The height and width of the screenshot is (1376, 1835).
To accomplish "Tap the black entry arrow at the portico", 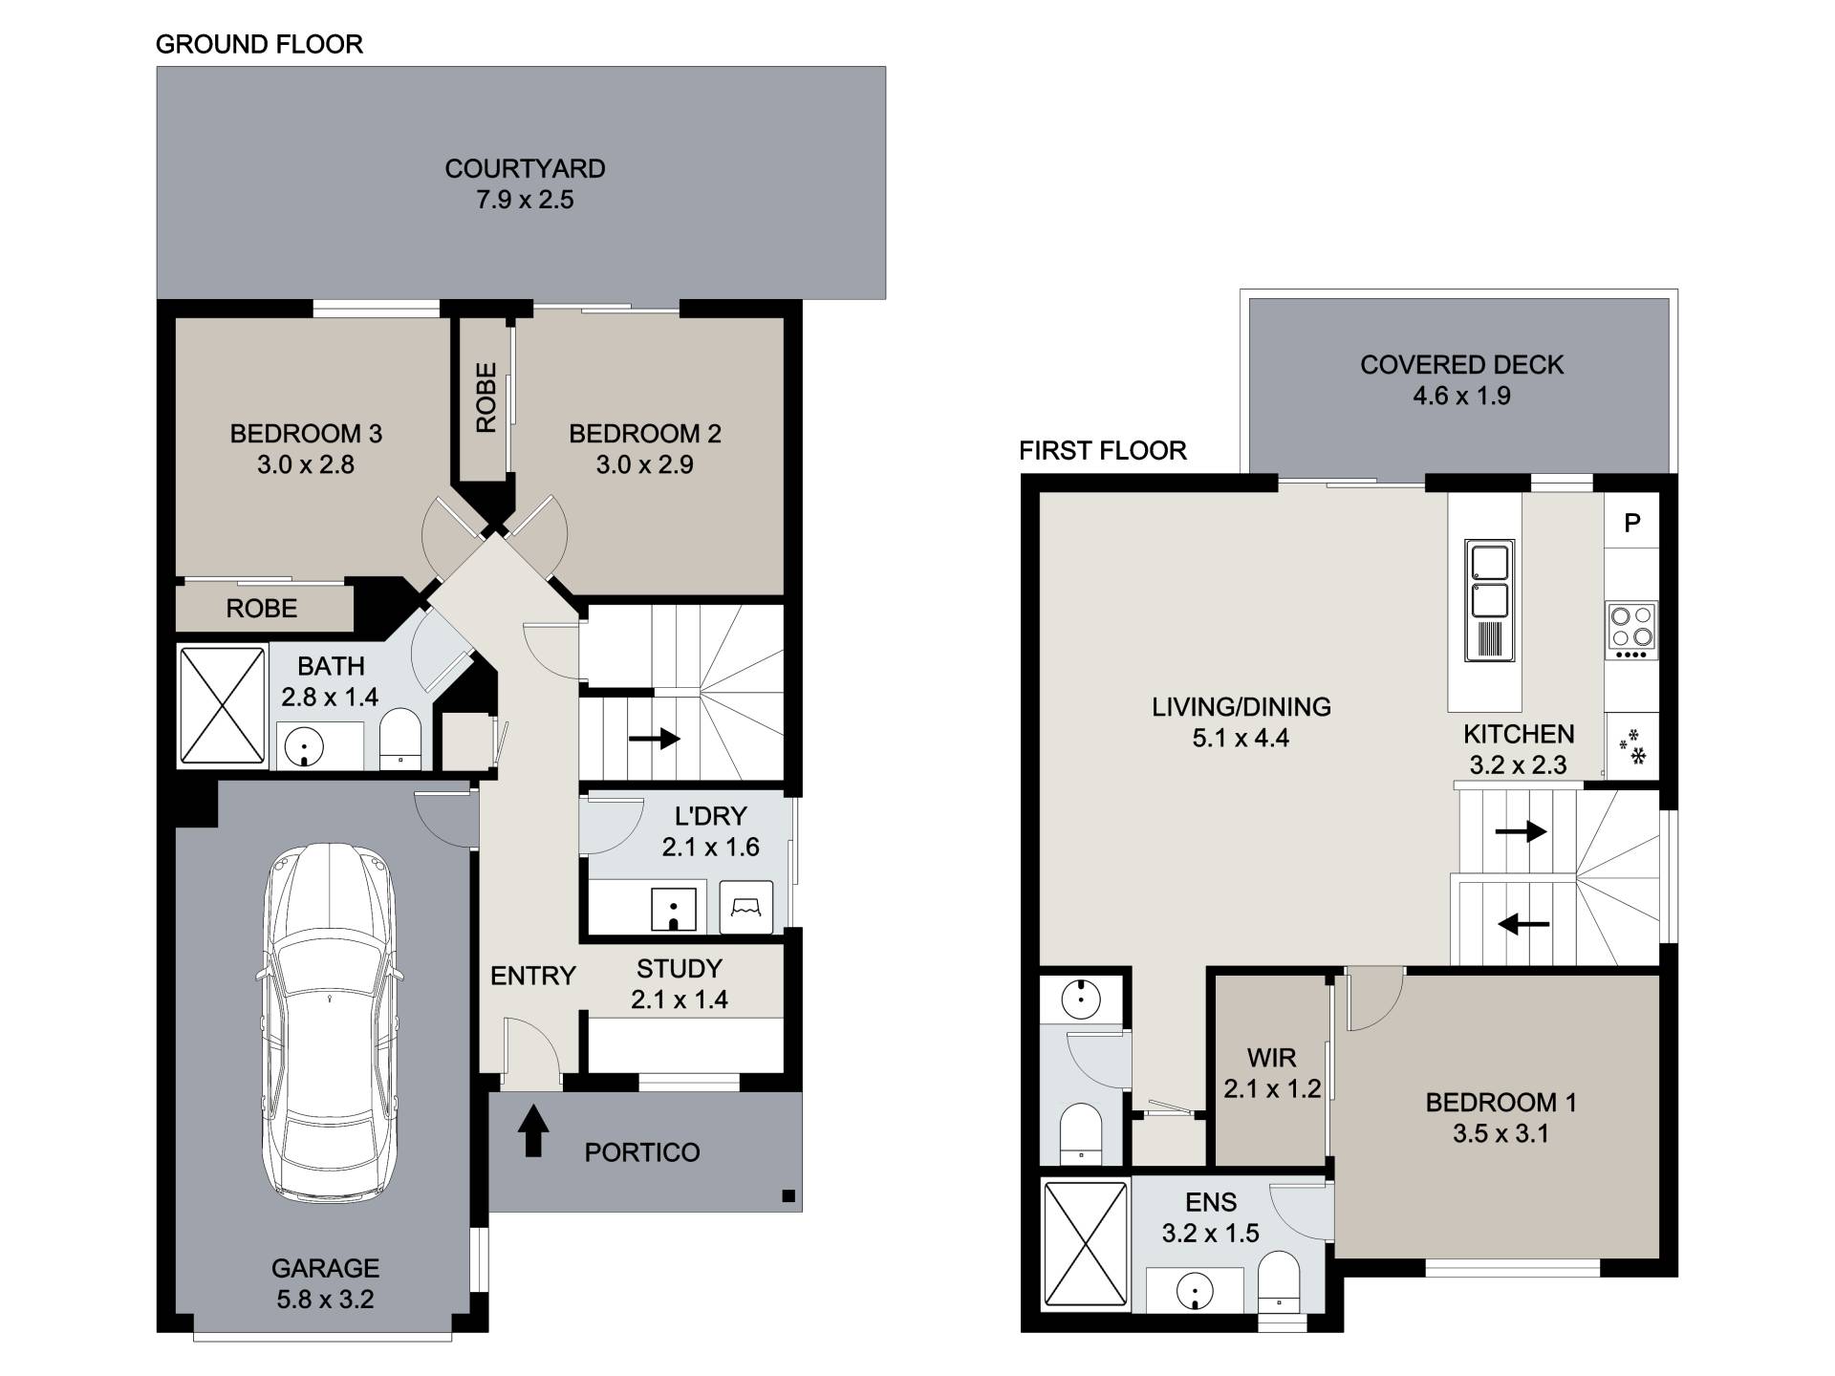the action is tap(533, 1131).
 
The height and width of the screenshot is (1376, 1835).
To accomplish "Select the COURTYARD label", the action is tap(525, 169).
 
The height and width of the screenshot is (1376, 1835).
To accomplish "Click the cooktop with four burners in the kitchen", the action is tap(1631, 631).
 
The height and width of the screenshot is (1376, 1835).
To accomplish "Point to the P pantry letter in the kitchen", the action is tap(1632, 523).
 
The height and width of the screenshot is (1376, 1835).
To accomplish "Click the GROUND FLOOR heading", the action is tap(259, 45).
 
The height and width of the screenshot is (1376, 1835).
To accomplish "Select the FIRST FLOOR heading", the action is tap(1103, 451).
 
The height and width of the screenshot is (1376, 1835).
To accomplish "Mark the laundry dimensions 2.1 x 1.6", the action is tap(710, 848).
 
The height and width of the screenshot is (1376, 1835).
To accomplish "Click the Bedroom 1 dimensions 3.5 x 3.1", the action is tap(1500, 1134).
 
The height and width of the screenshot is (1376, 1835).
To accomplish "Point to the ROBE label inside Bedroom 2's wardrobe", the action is tap(486, 397).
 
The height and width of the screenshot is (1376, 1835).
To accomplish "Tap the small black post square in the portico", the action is tap(788, 1195).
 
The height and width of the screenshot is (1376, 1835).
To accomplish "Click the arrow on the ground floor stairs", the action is tap(654, 739).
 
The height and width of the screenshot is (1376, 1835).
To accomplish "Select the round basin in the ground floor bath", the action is tap(304, 745).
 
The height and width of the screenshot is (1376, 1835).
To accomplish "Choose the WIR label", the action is tap(1271, 1059).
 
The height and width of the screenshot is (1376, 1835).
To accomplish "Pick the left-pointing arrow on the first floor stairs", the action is tap(1523, 924).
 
